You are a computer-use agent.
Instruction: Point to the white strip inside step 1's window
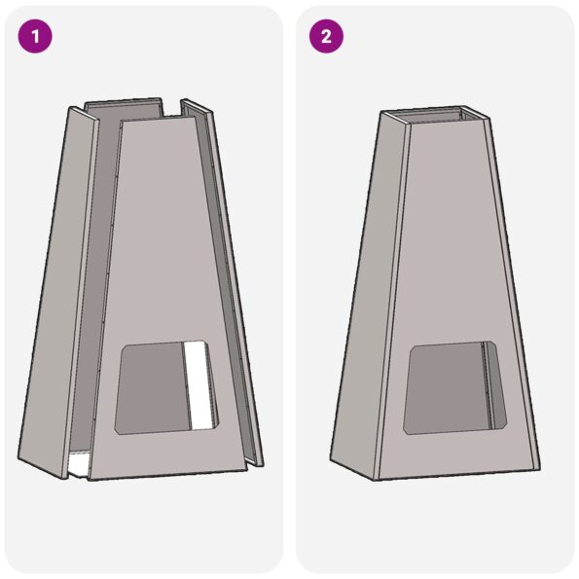(x=199, y=384)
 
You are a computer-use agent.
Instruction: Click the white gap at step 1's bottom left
(x=78, y=463)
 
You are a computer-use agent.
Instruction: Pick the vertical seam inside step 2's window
(x=485, y=384)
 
